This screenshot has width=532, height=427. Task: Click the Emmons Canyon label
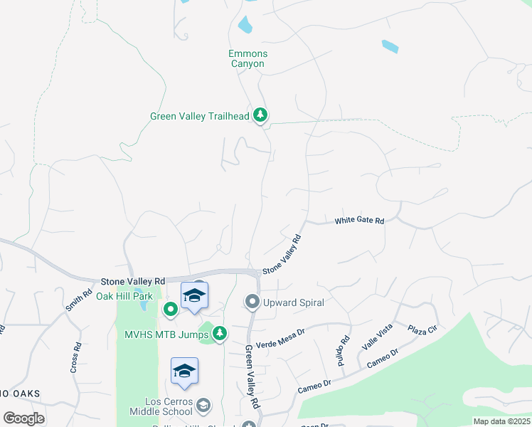(247, 58)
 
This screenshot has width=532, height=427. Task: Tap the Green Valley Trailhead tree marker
(261, 115)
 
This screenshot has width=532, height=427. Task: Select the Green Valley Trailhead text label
(200, 116)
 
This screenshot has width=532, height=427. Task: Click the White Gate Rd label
(359, 221)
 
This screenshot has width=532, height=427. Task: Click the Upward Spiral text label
(293, 303)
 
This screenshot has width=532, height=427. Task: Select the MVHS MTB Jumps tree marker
(220, 332)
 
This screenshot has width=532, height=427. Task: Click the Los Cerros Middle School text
(161, 406)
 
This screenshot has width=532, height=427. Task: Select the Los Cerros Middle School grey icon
(203, 406)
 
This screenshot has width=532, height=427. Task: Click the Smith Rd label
(80, 301)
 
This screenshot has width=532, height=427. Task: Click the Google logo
(24, 418)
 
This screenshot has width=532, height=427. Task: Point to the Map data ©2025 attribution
(501, 421)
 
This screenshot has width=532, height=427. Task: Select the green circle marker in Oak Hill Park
(170, 309)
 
